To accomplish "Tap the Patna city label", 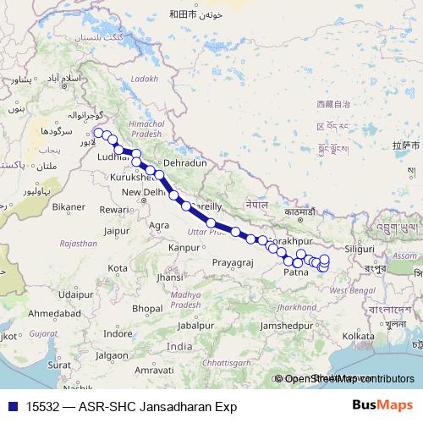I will click(x=296, y=273).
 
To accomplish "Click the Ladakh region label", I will click(x=145, y=79).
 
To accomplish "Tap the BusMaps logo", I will click(x=382, y=406).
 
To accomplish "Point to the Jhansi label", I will click(x=169, y=277).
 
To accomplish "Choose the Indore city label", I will click(x=117, y=332).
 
